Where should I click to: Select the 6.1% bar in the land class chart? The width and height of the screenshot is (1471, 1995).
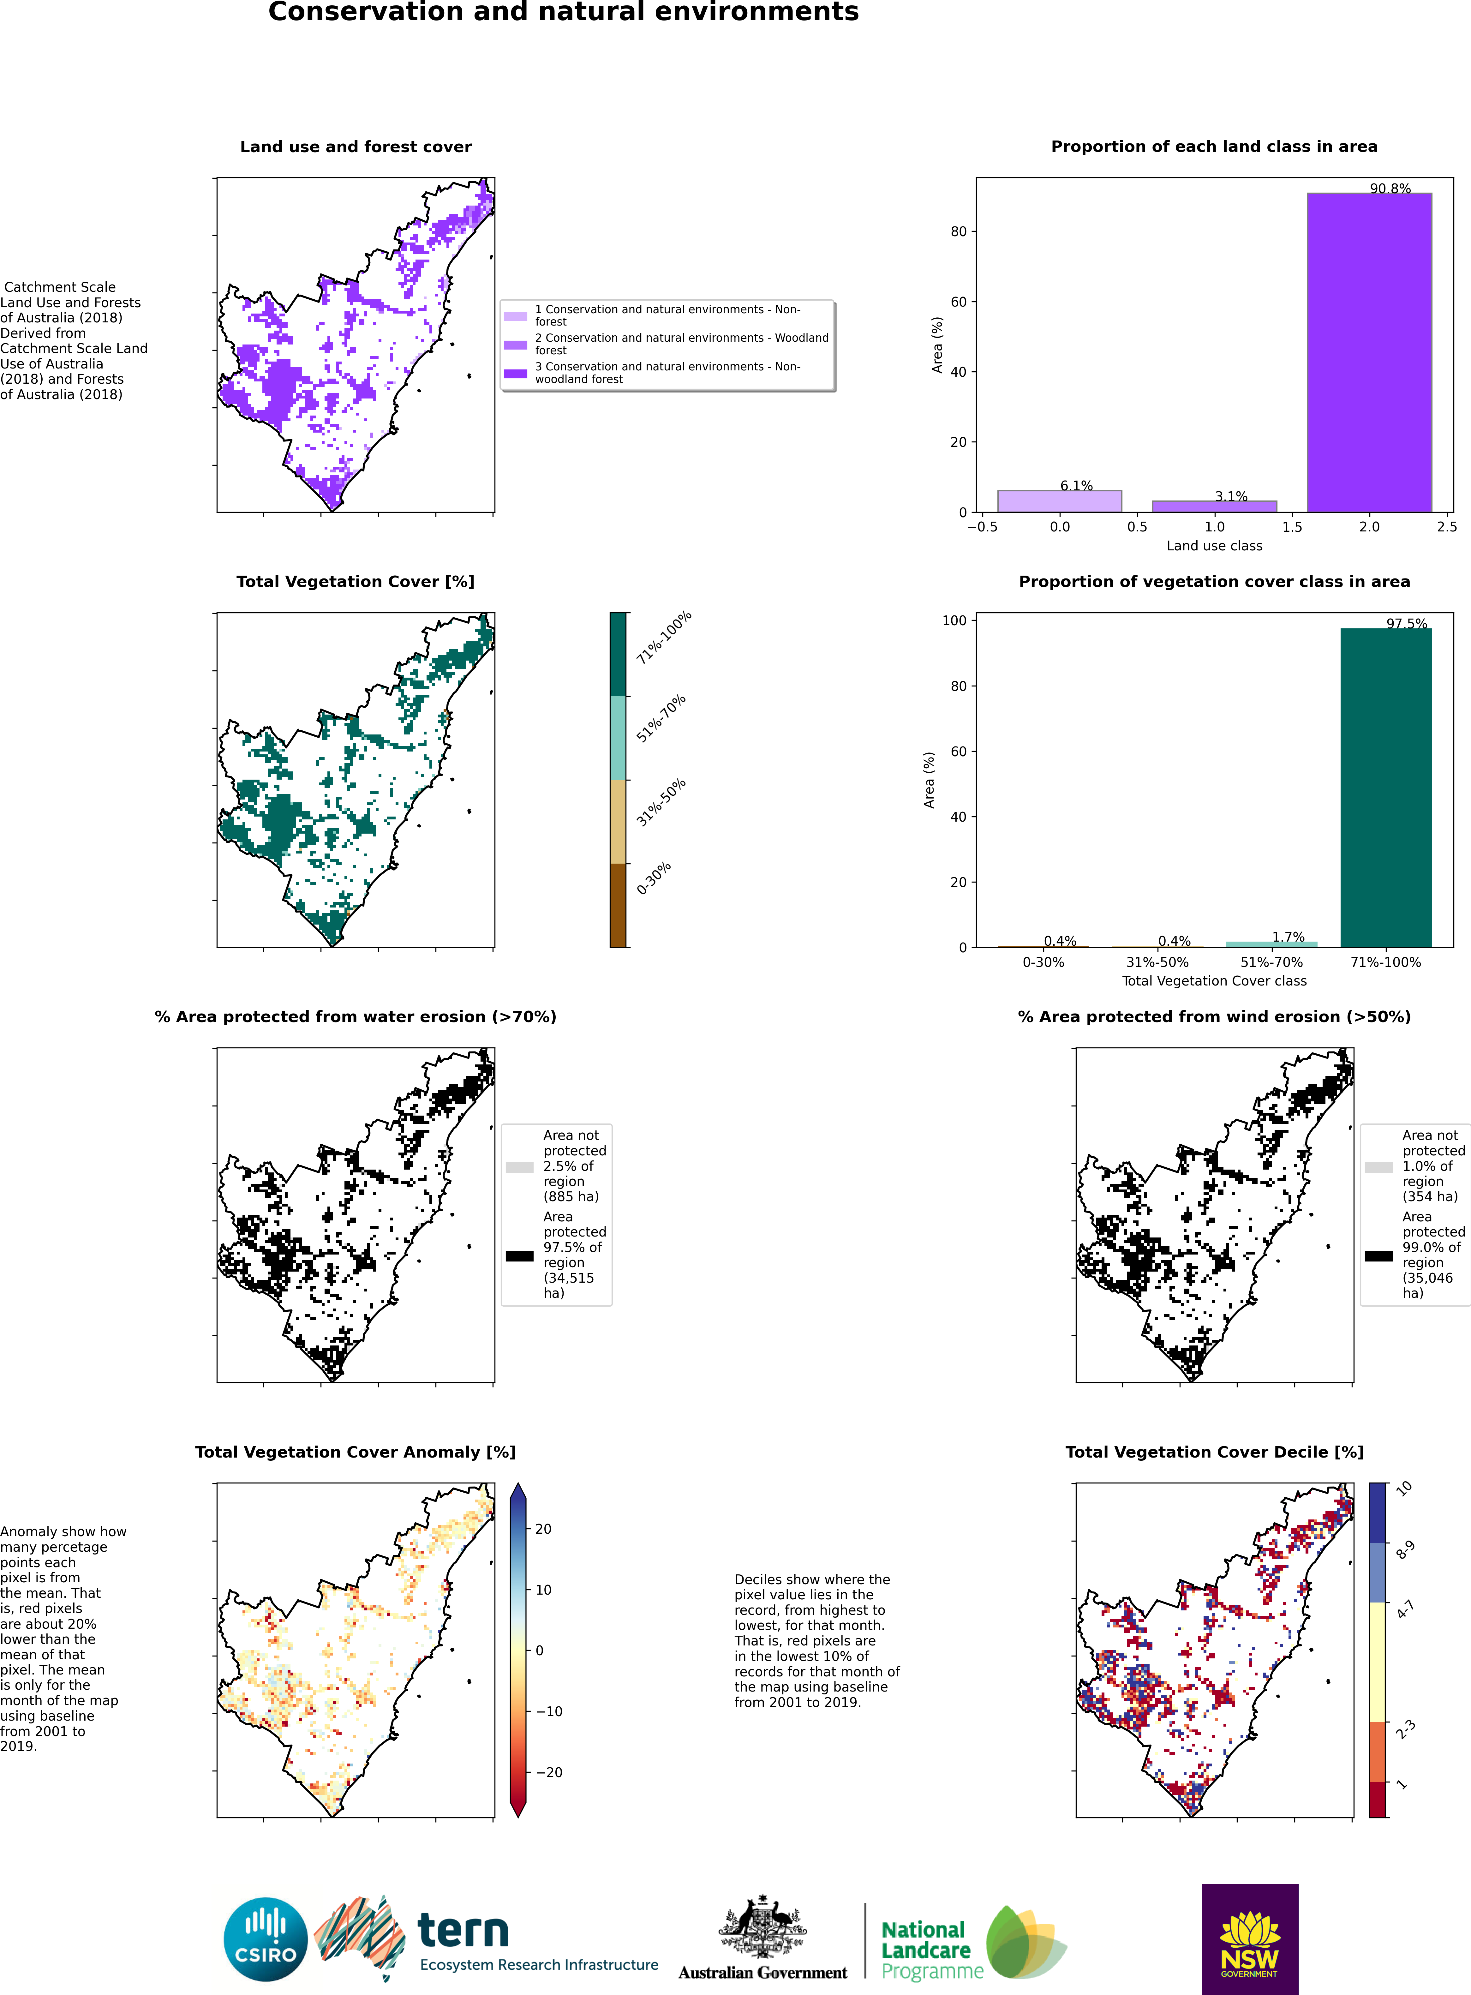tap(1060, 501)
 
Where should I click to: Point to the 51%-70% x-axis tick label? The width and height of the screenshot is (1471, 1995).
tap(1271, 962)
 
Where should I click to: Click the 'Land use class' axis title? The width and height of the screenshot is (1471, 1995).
tap(1215, 546)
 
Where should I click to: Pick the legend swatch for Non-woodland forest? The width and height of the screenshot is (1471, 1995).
tap(516, 373)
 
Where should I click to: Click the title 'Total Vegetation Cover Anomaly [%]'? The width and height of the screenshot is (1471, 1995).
tap(355, 1452)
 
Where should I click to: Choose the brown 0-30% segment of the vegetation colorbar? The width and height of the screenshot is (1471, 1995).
tap(618, 905)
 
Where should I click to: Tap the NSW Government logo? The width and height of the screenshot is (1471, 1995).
tap(1250, 1938)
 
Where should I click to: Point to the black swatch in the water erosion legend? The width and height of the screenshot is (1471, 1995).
tap(519, 1256)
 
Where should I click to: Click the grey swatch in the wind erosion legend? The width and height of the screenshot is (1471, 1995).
tap(1378, 1167)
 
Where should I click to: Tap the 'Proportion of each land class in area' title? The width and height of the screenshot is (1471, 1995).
tap(1215, 146)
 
